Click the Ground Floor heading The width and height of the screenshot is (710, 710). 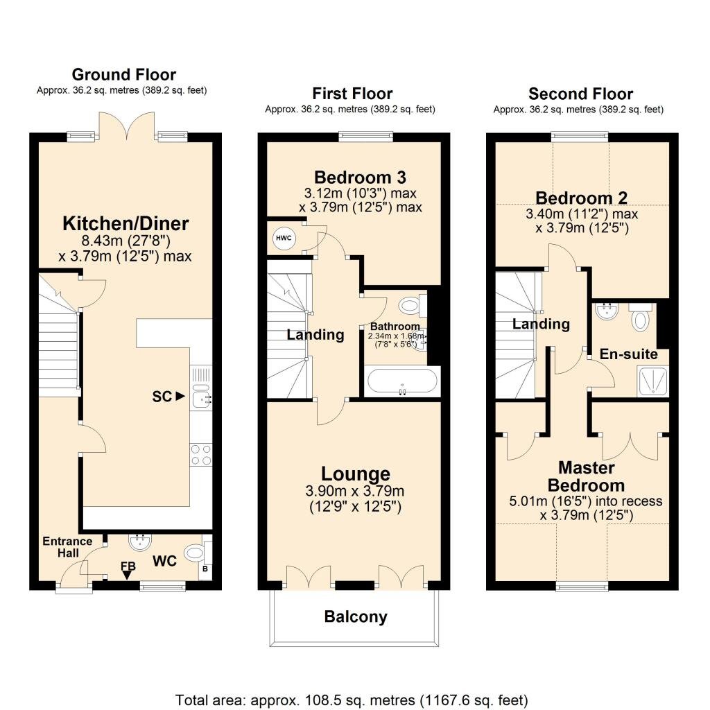click(123, 74)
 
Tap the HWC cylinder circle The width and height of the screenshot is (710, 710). click(284, 239)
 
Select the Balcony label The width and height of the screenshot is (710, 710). click(356, 616)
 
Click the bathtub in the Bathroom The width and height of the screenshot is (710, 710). click(403, 381)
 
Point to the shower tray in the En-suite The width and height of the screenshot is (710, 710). click(652, 382)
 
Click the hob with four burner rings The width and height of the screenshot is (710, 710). click(200, 455)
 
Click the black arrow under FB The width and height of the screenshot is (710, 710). click(127, 575)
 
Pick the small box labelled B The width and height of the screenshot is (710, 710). click(205, 569)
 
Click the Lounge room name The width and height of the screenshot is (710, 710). click(356, 474)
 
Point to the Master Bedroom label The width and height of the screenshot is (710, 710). click(587, 476)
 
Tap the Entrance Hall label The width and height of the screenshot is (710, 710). click(67, 547)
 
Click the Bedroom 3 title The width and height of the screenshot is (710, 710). click(360, 177)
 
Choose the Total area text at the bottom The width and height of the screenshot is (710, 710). click(352, 700)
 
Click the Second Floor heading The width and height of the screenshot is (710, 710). click(580, 94)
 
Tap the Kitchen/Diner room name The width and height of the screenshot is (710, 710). click(125, 223)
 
